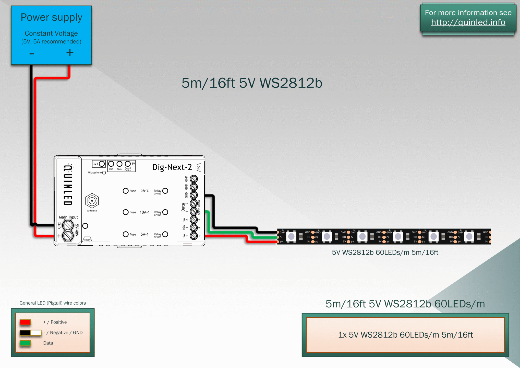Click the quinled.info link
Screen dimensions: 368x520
click(468, 22)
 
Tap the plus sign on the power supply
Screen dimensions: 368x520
click(70, 53)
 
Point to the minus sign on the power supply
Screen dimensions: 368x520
click(32, 54)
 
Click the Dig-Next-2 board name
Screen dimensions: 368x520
click(172, 167)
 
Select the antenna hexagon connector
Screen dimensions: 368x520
click(92, 201)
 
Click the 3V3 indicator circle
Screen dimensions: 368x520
click(102, 164)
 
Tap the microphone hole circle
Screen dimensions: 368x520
click(104, 173)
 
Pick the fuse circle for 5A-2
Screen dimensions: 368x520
click(126, 191)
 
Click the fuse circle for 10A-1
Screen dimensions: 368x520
click(126, 212)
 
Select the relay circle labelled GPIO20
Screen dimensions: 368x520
click(165, 234)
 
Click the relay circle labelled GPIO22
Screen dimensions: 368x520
click(165, 191)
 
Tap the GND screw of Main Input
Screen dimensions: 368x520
click(68, 225)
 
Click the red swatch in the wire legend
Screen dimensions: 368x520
click(25, 322)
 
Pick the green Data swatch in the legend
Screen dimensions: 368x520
click(25, 343)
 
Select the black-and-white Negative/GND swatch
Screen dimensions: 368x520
click(31, 333)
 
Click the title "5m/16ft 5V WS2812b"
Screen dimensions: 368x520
click(252, 83)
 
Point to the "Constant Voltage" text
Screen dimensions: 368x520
click(51, 33)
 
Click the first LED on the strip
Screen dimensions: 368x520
click(291, 236)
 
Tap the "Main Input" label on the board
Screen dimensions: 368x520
click(68, 217)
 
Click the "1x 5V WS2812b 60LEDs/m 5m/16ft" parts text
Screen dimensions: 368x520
click(405, 335)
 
